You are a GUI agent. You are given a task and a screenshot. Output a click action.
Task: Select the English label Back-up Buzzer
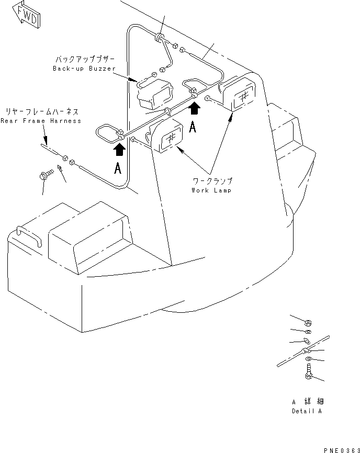[84, 69]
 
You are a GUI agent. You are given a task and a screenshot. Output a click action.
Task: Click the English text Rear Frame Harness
[41, 121]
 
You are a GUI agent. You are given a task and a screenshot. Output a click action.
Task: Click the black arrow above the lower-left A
[120, 150]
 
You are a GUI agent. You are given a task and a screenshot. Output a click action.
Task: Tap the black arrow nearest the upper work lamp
[194, 108]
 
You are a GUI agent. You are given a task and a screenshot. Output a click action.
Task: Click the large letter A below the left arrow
[119, 169]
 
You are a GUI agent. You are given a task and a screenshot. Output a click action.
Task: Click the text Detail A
[307, 411]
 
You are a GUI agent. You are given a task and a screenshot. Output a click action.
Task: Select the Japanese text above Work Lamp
[212, 181]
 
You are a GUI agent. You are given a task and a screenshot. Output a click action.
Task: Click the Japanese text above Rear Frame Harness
[42, 111]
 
